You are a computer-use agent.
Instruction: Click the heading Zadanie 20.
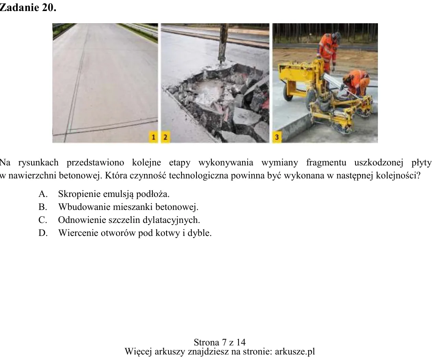(28, 7)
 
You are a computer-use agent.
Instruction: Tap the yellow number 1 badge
(153, 137)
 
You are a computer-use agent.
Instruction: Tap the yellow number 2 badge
(165, 137)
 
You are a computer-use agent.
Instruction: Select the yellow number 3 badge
(277, 137)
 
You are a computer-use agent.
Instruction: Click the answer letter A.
(43, 194)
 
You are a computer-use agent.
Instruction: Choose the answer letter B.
(43, 207)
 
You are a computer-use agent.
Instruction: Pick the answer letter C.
(43, 220)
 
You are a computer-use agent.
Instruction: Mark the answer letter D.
(43, 233)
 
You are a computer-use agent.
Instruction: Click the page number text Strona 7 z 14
(219, 342)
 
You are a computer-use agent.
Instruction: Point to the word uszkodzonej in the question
(379, 163)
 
